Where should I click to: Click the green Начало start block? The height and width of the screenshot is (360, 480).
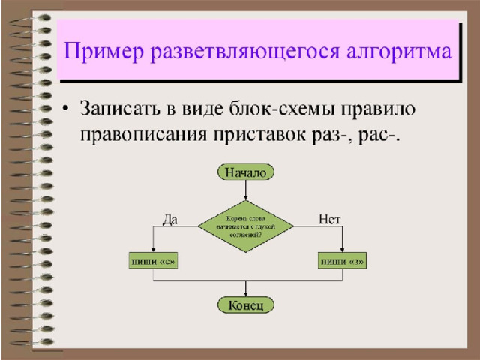[246, 172]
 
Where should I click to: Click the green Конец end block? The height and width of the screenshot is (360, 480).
[246, 305]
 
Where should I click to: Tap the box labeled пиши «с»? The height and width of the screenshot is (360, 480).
[153, 262]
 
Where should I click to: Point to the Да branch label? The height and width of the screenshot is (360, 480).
[170, 219]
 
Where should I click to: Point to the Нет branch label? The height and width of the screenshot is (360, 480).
[329, 219]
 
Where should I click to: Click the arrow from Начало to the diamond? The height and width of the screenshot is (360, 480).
[246, 190]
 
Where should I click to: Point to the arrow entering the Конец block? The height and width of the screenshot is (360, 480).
[246, 289]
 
